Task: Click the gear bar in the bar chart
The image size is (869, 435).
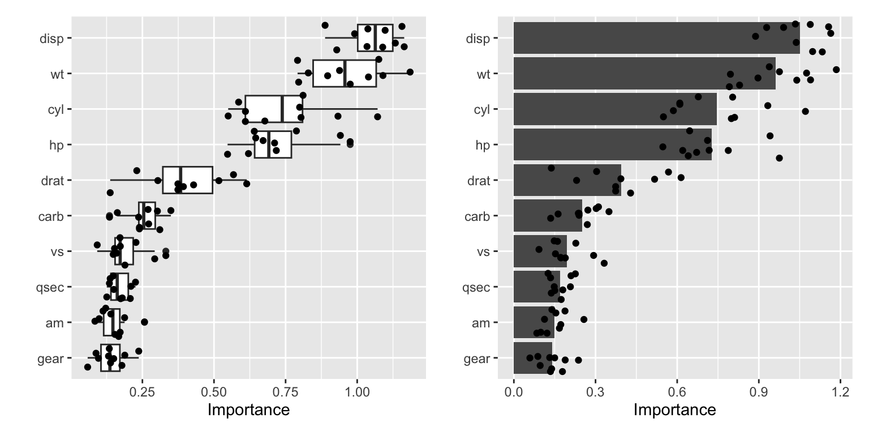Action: [532, 358]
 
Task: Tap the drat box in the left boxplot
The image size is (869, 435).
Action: [187, 180]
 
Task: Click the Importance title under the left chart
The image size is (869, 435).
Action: [249, 410]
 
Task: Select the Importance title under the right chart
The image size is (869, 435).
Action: [674, 410]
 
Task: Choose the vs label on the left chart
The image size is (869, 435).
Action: [57, 251]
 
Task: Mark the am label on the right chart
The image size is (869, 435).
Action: [481, 323]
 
